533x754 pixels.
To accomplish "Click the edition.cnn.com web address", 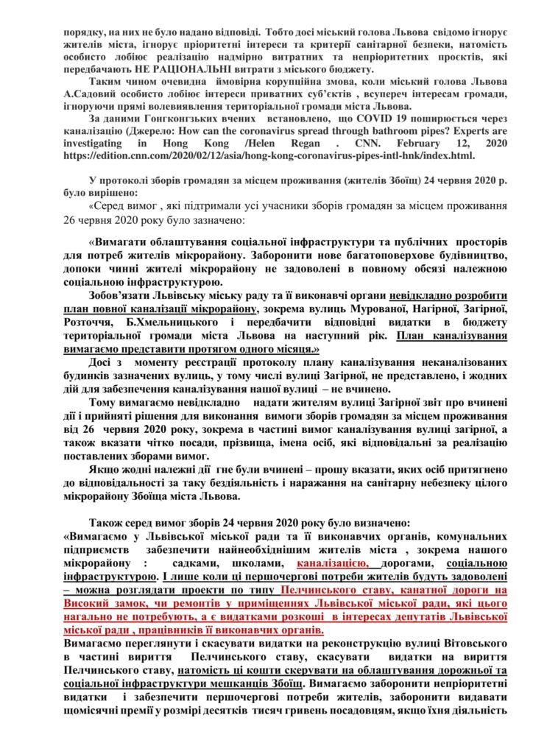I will [266, 157].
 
